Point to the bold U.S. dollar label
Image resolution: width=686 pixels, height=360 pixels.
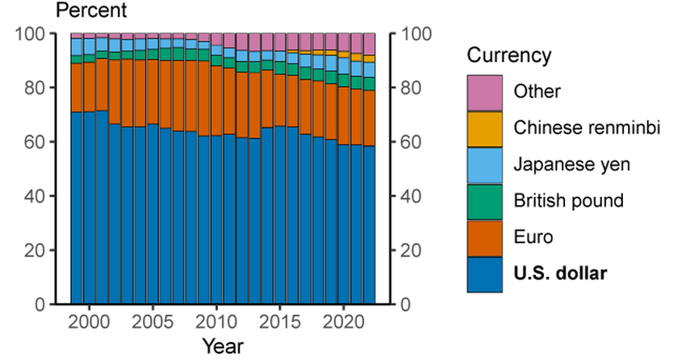pos(560,274)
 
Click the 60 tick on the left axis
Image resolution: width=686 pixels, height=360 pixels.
pos(37,142)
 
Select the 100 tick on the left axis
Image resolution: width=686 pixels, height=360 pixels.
pos(33,34)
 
